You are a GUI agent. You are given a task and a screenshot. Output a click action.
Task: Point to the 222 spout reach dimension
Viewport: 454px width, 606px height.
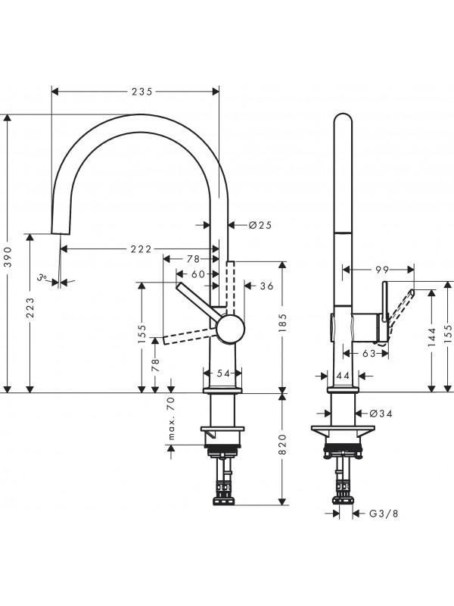click(141, 249)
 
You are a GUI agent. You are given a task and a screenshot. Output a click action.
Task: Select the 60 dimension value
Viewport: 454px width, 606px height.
click(198, 273)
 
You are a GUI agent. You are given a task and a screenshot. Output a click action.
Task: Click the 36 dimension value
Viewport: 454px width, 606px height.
click(266, 286)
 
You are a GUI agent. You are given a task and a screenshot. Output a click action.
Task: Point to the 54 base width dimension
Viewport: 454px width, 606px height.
click(222, 373)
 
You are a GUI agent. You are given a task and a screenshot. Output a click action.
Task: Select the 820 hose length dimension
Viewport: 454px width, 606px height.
click(283, 448)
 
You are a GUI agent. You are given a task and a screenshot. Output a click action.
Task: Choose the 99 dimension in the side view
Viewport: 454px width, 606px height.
click(381, 268)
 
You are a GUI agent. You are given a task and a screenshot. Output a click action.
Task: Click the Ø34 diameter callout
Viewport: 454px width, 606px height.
click(381, 413)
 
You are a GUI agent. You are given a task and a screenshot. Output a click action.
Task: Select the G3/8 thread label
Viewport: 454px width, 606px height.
click(384, 514)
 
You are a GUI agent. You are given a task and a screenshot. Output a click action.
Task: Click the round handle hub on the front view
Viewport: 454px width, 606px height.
click(231, 330)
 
